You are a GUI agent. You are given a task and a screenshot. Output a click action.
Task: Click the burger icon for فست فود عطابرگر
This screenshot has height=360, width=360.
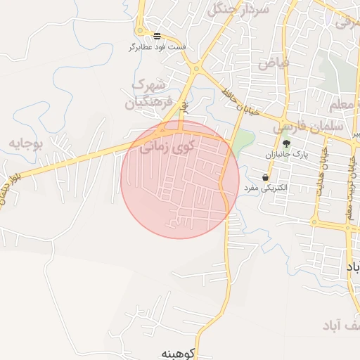(156, 35)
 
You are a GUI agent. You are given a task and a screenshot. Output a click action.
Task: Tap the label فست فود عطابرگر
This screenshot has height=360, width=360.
(157, 47)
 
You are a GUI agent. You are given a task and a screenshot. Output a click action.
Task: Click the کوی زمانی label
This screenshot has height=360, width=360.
(165, 148)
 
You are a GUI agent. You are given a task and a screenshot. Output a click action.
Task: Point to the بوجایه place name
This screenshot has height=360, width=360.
(26, 144)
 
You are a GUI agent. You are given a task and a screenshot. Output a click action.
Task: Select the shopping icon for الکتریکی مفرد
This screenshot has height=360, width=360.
(264, 177)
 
